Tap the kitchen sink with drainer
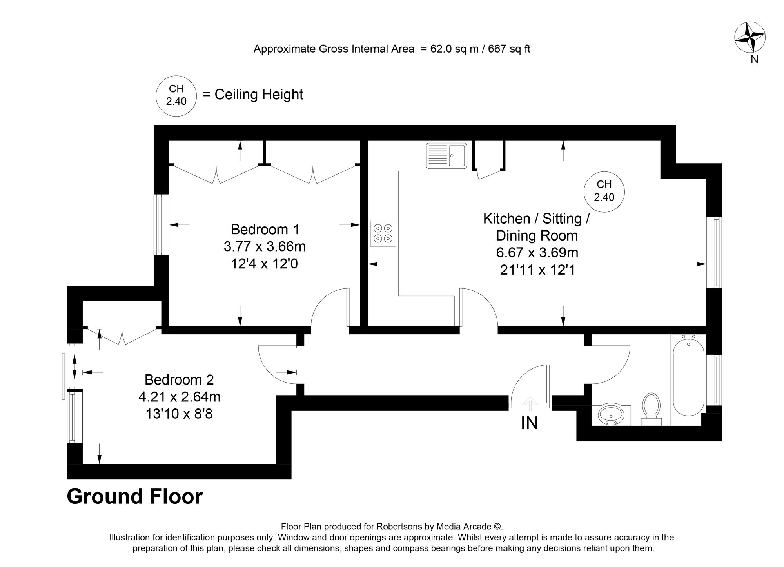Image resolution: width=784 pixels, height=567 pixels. click(446, 156)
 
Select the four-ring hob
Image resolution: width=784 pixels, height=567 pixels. click(383, 233)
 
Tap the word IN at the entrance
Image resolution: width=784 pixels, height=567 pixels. click(529, 423)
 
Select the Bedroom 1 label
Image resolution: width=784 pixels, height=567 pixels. click(265, 229)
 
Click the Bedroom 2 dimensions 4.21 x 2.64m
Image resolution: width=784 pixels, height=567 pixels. click(179, 397)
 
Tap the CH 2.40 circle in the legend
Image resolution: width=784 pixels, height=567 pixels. click(176, 95)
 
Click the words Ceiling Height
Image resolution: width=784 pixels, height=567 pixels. click(259, 95)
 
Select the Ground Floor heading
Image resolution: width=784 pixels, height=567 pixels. click(134, 496)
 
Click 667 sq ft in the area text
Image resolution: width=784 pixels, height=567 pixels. click(509, 49)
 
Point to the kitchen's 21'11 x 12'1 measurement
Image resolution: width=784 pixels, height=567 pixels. click(537, 270)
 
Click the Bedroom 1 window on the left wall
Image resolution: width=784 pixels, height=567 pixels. click(159, 224)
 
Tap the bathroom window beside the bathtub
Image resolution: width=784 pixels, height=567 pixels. click(717, 379)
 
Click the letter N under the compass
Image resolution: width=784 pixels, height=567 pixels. click(754, 59)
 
